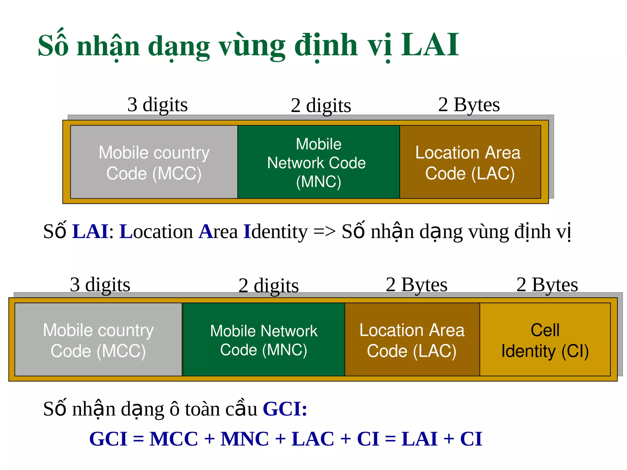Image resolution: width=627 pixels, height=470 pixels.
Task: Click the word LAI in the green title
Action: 430,45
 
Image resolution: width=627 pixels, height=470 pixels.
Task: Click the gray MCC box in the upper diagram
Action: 154,162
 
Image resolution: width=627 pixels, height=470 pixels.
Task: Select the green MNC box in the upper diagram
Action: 318,162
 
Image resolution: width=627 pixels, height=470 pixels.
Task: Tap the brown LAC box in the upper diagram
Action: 470,162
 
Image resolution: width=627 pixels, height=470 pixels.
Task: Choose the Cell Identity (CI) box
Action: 545,340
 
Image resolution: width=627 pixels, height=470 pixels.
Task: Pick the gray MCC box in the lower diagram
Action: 98,340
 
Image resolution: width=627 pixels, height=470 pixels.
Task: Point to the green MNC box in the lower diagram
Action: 264,340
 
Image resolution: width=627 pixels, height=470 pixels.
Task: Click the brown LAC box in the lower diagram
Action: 412,340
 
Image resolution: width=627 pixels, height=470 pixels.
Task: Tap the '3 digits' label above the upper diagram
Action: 157,105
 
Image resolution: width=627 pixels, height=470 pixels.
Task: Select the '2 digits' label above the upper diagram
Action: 321,106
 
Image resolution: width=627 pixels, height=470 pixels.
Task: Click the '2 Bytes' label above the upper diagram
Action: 469,105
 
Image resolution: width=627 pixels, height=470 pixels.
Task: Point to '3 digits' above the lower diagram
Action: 100,285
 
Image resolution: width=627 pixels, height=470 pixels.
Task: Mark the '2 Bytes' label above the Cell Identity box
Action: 547,285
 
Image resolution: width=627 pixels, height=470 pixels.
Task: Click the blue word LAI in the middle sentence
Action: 90,231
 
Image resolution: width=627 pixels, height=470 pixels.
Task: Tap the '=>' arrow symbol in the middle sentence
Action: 324,232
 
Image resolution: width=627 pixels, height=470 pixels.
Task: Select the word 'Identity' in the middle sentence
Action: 275,232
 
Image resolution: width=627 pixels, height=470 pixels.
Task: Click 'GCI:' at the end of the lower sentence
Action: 285,409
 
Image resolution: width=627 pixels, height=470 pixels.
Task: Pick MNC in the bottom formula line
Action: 245,439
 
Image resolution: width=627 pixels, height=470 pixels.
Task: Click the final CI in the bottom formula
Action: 471,439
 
